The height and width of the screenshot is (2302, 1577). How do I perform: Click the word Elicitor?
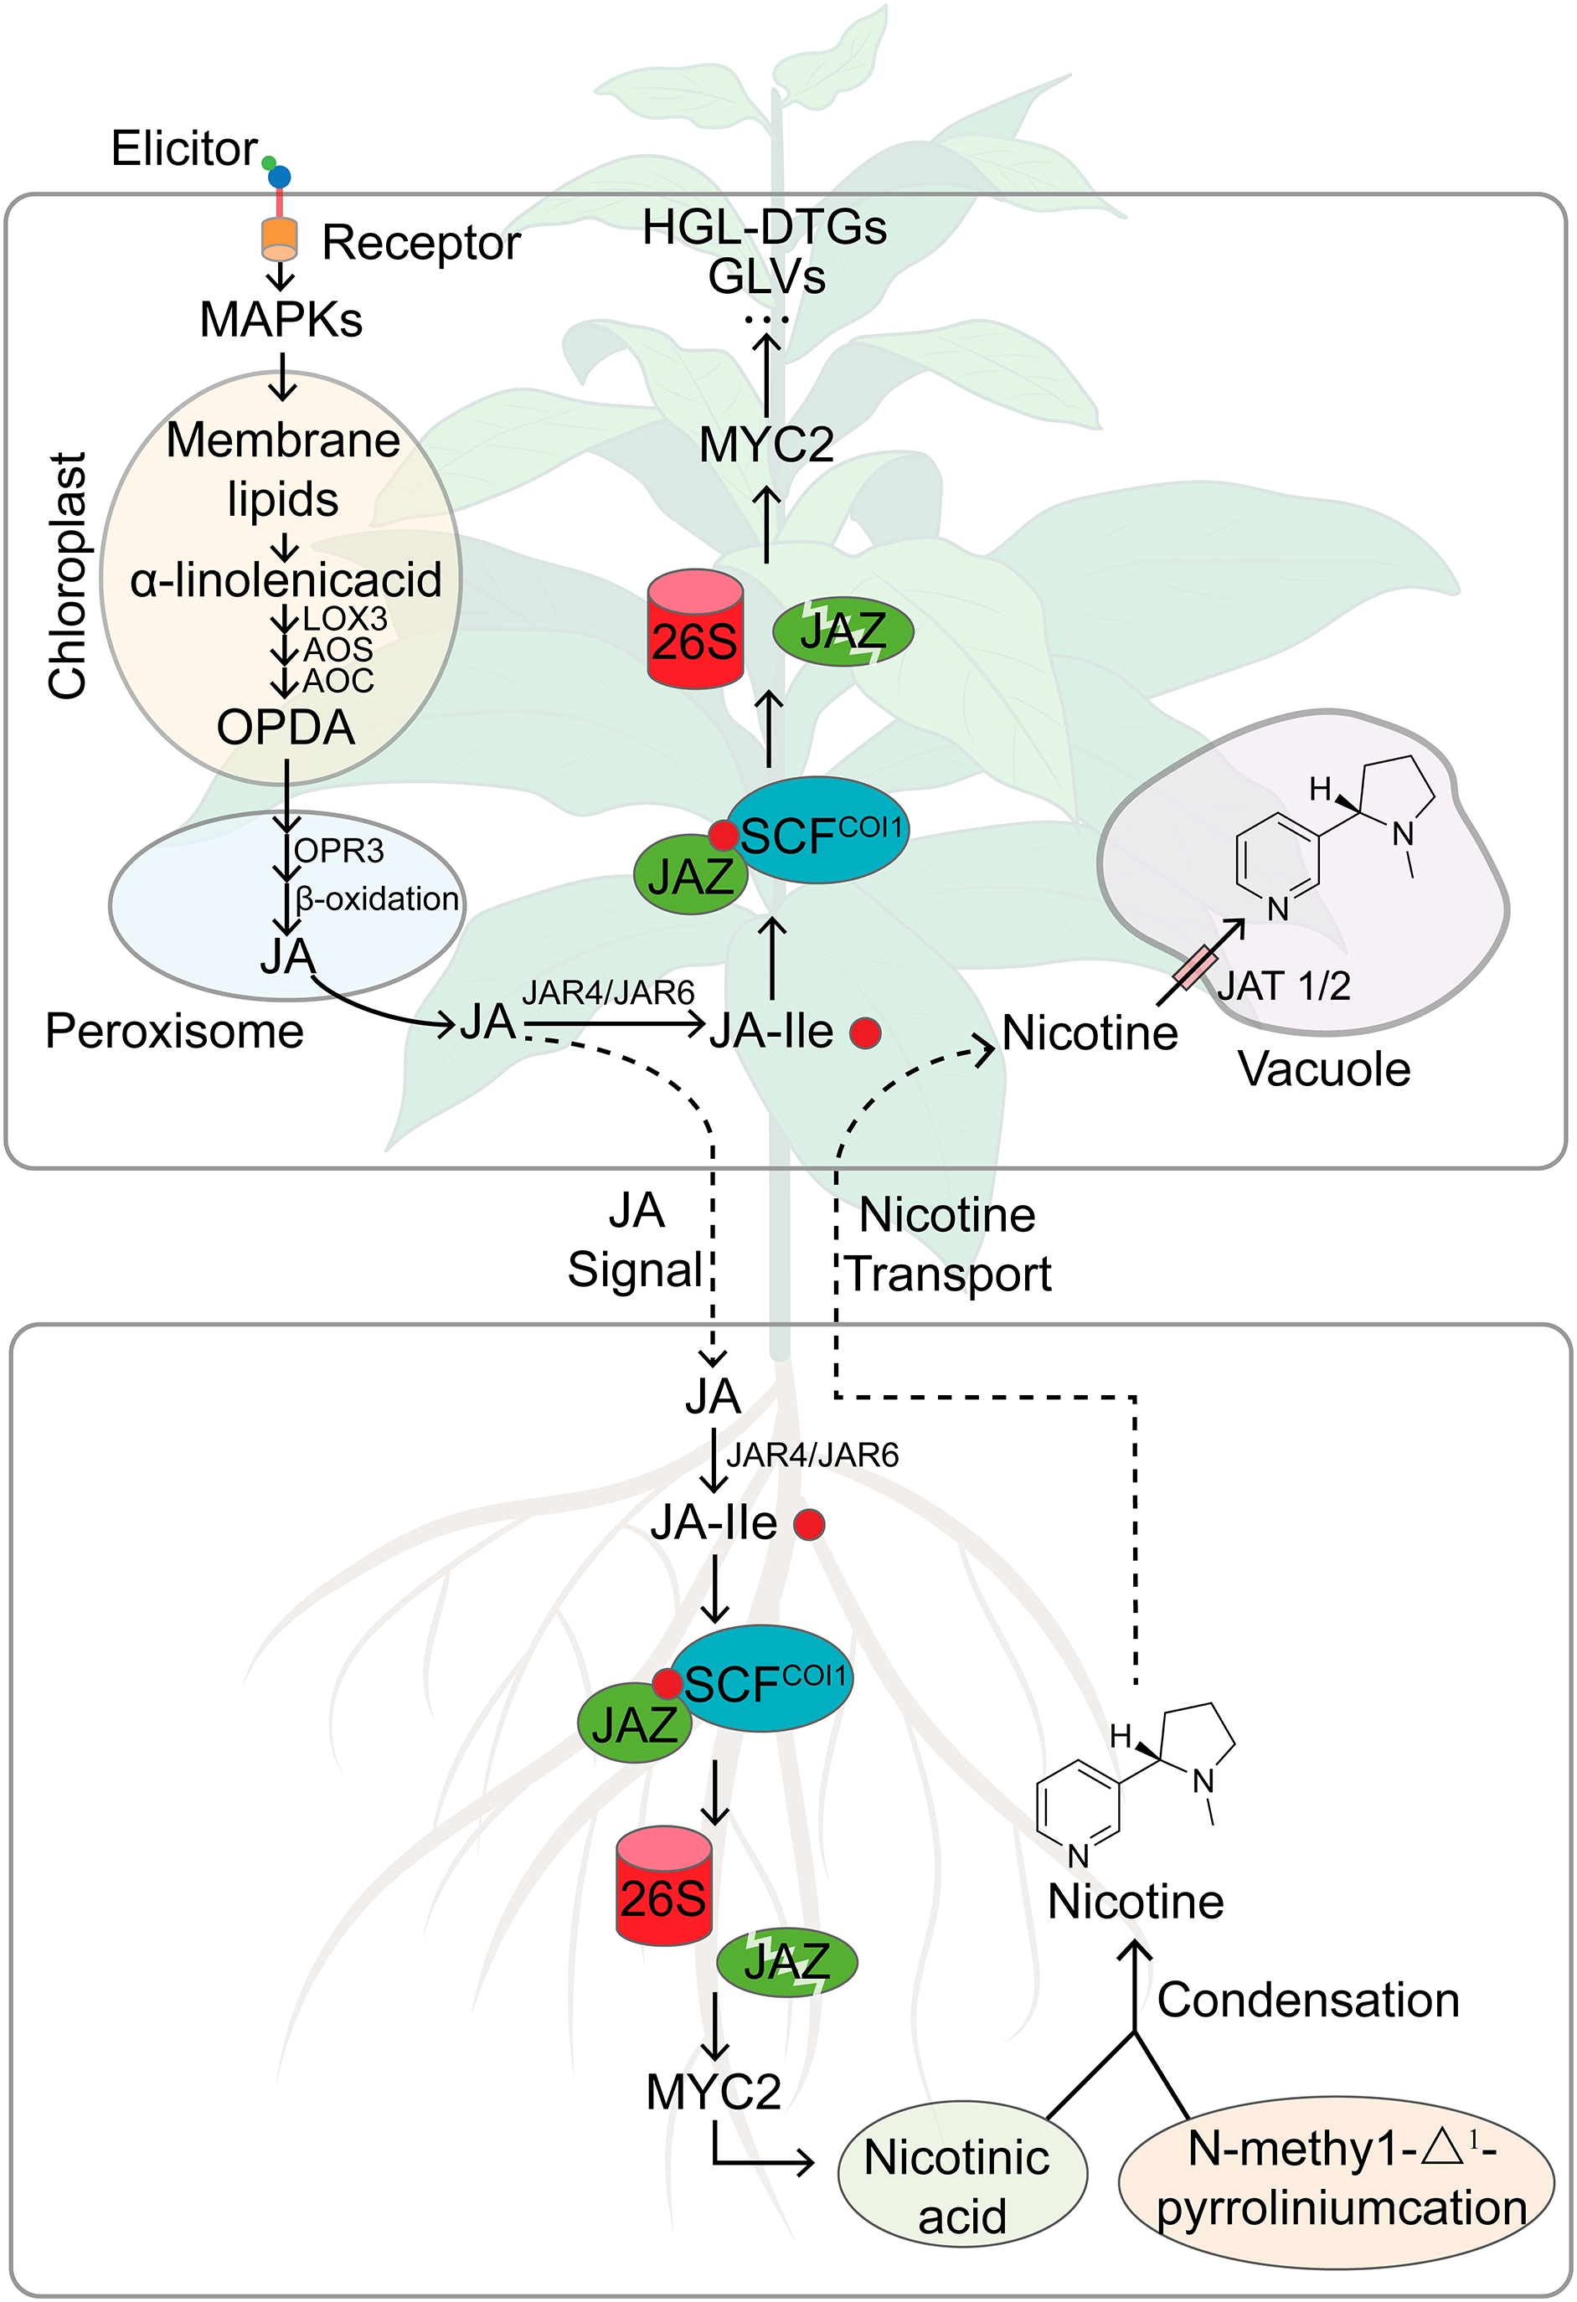point(184,148)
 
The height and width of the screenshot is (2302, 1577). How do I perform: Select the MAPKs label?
point(281,320)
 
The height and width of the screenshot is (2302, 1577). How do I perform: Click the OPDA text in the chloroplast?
point(286,728)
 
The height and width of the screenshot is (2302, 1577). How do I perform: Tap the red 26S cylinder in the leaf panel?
point(695,630)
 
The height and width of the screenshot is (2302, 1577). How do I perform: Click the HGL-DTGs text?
point(765,228)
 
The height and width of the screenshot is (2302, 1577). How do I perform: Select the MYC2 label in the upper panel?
point(765,445)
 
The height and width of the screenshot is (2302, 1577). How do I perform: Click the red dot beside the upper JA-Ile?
point(865,1033)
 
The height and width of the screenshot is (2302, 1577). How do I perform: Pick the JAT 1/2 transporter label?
point(1284,986)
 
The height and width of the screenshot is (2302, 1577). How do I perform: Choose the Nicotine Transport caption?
point(948,1245)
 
